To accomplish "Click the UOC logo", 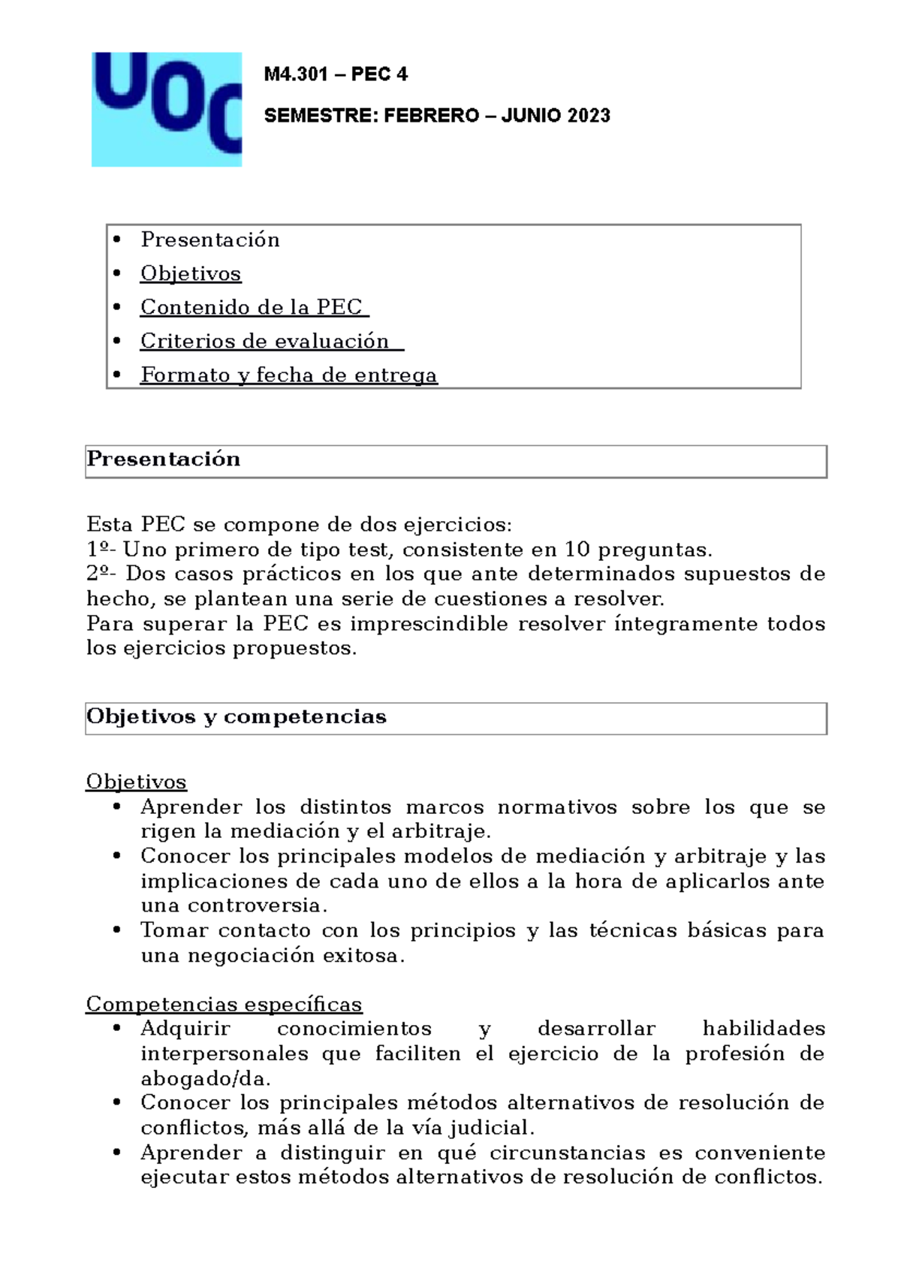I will [x=167, y=109].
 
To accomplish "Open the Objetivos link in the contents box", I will [x=191, y=273].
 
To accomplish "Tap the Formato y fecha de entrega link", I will [x=288, y=375].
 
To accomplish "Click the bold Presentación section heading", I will [x=164, y=460].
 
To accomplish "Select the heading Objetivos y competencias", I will [x=237, y=717].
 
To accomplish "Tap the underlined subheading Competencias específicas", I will [x=224, y=1004].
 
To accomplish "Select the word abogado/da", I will [x=205, y=1079].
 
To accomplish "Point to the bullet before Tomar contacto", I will [x=116, y=931].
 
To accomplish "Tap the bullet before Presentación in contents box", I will [x=116, y=240].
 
